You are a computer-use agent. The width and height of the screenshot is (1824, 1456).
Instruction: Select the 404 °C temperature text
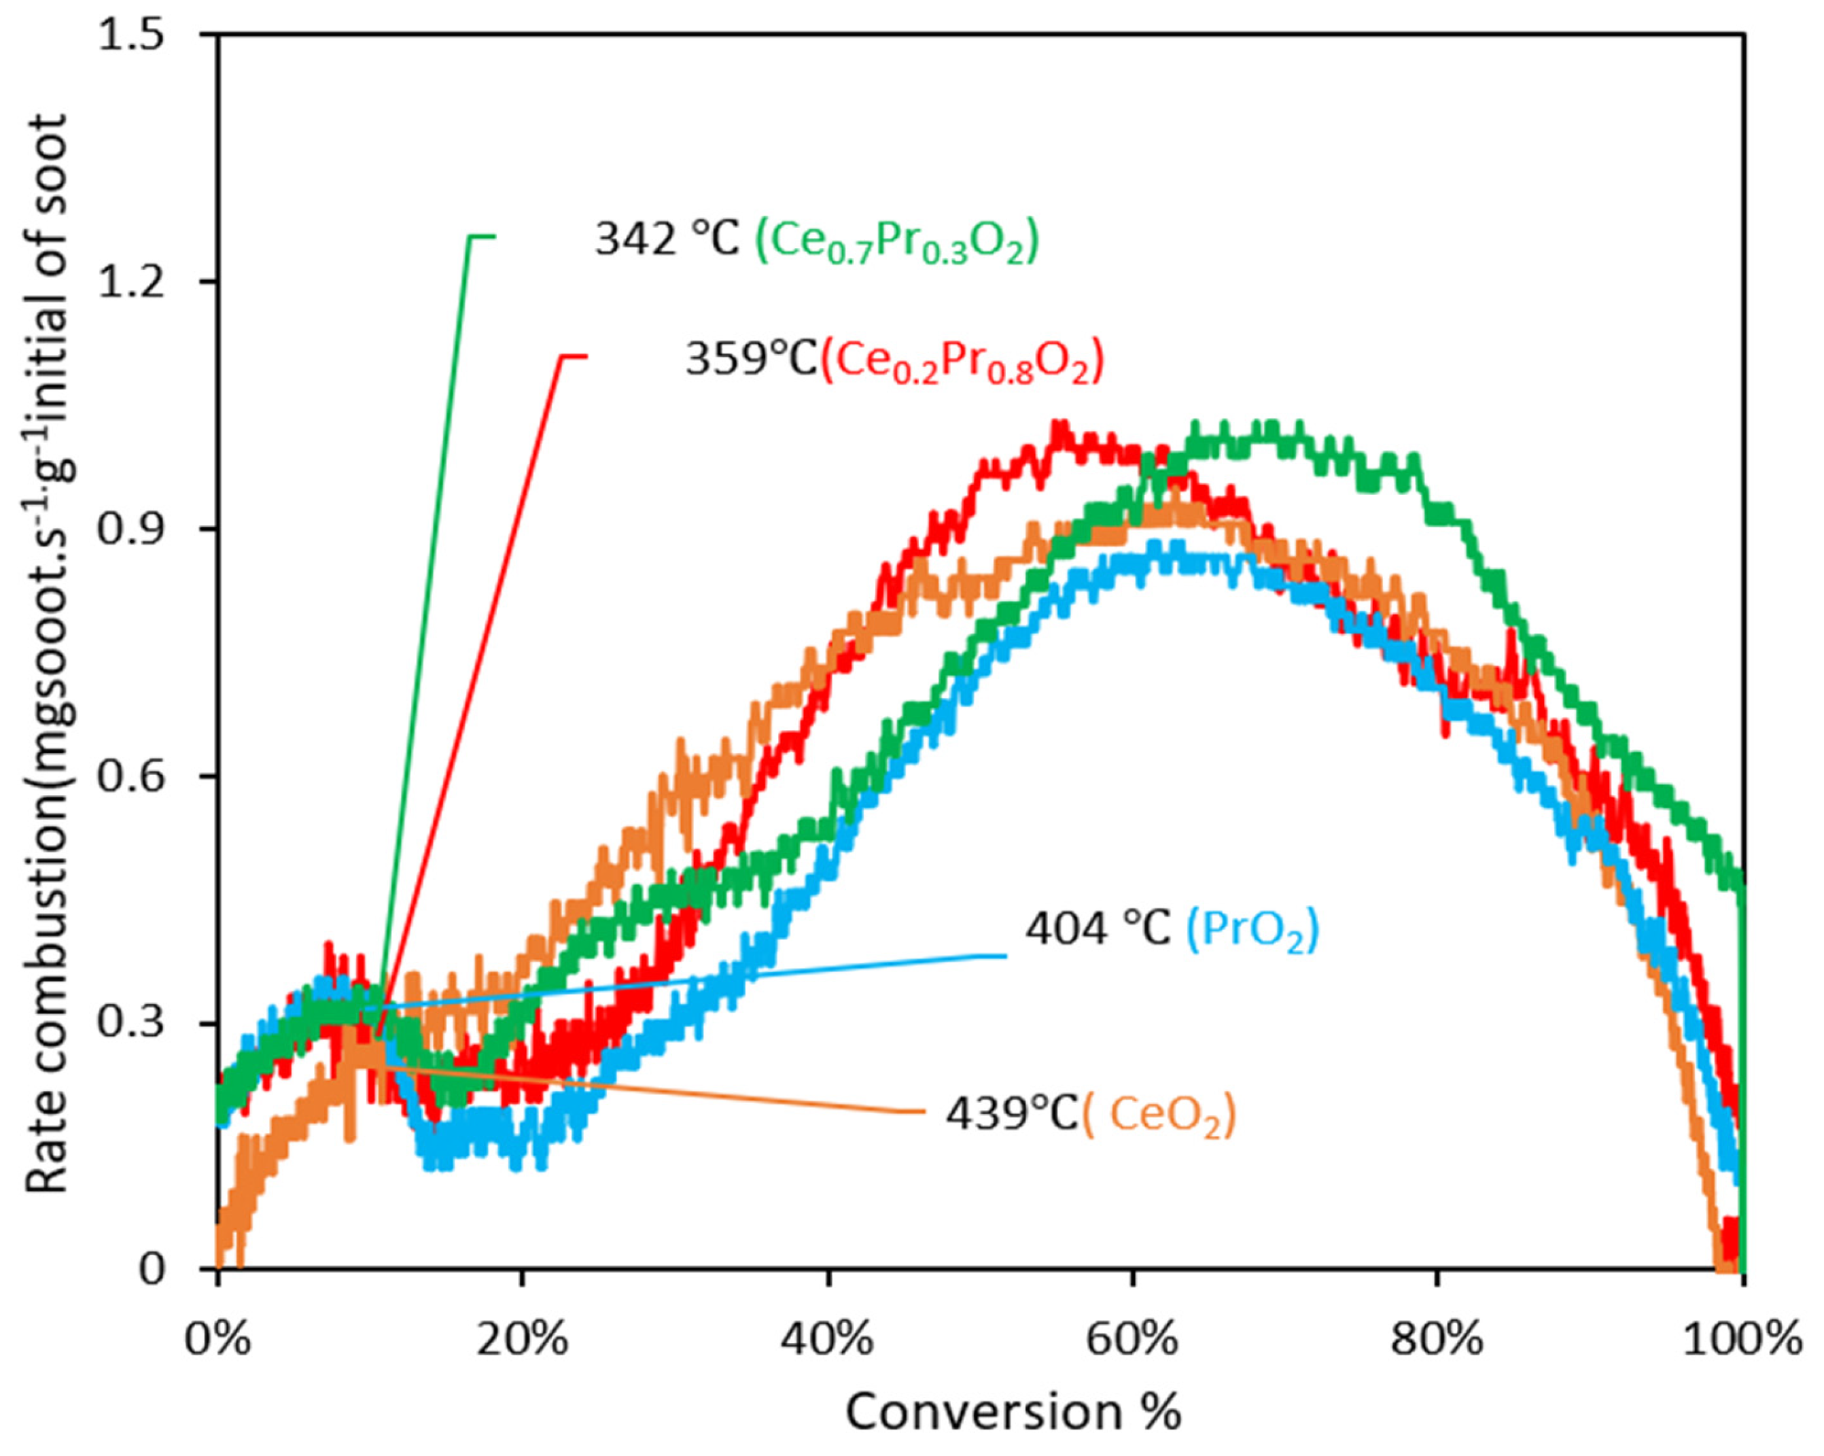1098,929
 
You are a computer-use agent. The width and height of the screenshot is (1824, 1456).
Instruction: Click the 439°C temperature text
1012,1114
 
